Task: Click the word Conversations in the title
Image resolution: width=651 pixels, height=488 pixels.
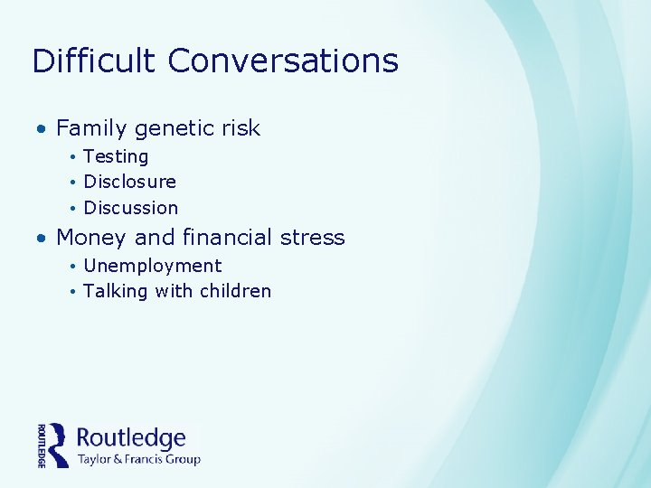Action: (x=283, y=61)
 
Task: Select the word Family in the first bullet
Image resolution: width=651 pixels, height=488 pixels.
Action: (x=91, y=128)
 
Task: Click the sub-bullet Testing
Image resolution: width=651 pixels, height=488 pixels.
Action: (x=116, y=157)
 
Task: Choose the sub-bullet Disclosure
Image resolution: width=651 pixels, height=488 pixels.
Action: (x=129, y=182)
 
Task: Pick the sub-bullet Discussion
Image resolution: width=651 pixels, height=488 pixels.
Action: (x=130, y=208)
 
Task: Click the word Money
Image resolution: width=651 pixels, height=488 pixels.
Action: (x=91, y=239)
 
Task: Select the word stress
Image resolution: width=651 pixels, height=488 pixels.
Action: (x=312, y=238)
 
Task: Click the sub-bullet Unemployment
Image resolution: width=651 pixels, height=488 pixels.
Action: (x=152, y=267)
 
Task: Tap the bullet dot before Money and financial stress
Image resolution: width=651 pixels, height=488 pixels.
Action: (x=42, y=239)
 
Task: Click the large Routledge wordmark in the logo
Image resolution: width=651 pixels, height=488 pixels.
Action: (x=131, y=438)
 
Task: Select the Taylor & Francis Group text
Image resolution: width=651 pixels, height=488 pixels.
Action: (x=138, y=459)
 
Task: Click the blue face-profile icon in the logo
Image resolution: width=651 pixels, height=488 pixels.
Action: (x=59, y=445)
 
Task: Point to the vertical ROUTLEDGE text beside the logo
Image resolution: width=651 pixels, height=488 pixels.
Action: (x=42, y=445)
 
